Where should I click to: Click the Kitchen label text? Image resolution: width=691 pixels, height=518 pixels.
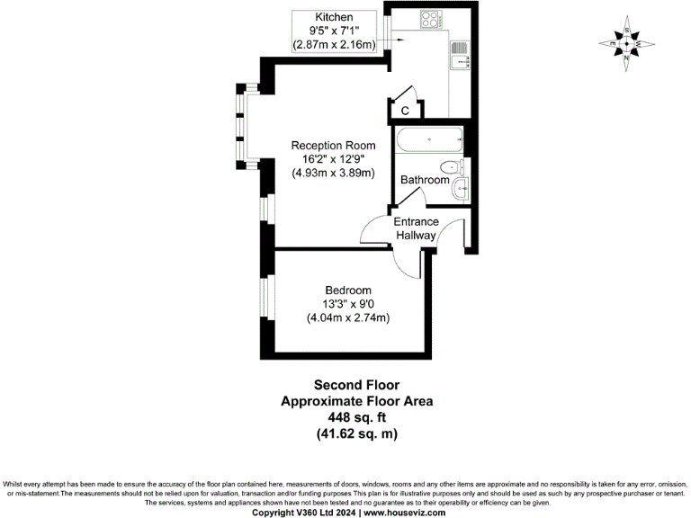click(x=334, y=17)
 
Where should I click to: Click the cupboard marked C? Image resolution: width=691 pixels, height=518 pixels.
click(x=405, y=110)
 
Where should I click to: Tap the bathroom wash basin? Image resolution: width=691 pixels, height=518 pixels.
click(x=460, y=188)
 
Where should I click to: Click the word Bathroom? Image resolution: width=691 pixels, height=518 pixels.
click(x=425, y=180)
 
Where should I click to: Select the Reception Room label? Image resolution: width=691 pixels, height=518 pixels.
click(x=333, y=145)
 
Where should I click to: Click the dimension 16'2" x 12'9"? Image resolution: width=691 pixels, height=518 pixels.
click(x=333, y=159)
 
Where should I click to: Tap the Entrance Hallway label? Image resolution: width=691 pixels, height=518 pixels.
click(x=416, y=228)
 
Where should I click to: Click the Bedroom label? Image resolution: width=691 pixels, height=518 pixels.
click(x=348, y=290)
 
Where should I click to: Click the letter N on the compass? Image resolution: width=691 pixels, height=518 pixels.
click(x=627, y=58)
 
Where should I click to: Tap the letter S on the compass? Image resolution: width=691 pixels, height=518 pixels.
click(x=627, y=28)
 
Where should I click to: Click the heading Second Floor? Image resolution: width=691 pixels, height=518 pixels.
click(x=356, y=386)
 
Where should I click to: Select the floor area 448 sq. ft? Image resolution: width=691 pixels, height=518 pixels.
click(x=356, y=418)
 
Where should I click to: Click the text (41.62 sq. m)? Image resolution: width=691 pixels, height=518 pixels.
click(x=356, y=434)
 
